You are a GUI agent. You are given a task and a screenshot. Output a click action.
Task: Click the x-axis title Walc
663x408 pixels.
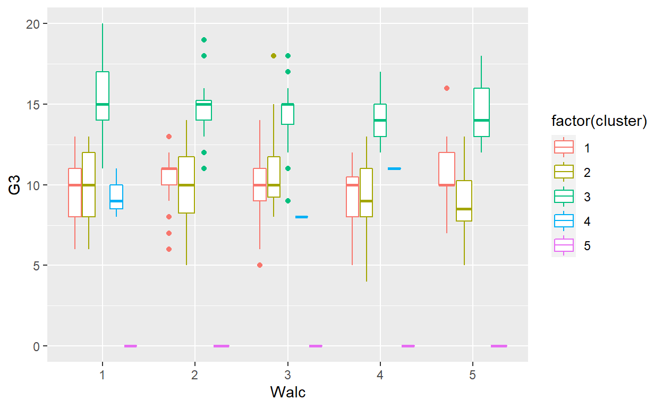[287, 392]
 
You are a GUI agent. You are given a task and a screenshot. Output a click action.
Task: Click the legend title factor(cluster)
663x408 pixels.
[599, 122]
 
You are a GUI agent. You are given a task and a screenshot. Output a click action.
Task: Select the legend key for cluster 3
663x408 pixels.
[564, 197]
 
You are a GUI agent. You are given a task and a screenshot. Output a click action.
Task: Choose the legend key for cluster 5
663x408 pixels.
[564, 245]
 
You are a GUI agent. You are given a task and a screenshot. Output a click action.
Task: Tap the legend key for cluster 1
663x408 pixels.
[564, 148]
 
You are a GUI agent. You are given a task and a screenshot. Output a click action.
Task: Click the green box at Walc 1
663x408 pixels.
[103, 96]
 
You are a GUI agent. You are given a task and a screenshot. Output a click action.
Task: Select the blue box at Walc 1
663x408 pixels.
[116, 197]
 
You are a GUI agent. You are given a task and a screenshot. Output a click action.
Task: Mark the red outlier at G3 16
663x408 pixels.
[447, 88]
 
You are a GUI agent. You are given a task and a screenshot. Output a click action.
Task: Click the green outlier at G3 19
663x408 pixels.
[203, 40]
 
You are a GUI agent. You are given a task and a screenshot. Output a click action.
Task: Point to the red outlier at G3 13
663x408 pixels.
[169, 137]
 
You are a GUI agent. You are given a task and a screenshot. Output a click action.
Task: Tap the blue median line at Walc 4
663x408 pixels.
[394, 168]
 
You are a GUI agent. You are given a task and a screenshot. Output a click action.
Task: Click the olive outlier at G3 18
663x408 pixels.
[274, 56]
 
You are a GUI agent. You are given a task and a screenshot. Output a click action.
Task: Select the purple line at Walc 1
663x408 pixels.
[130, 346]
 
